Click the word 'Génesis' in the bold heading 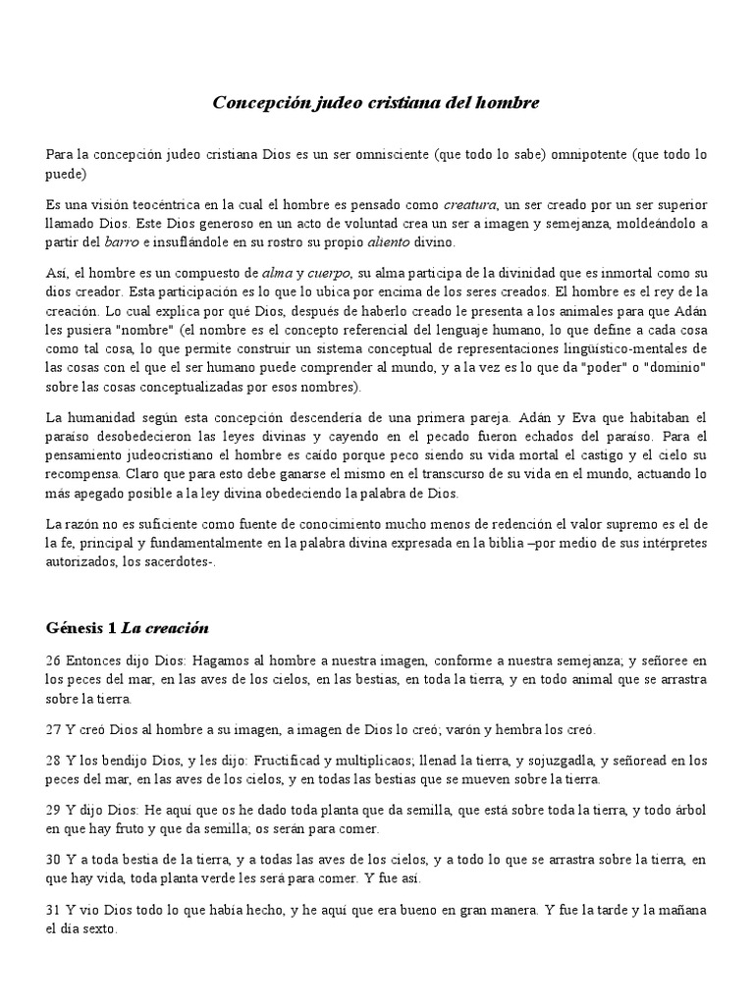76,627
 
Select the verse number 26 54,661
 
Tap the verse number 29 54,812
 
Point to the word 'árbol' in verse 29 687,812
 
